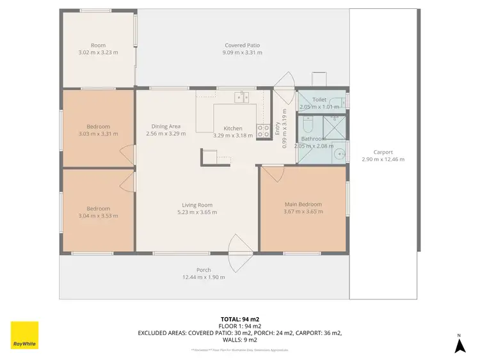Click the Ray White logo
[x=24, y=336]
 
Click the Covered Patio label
[x=242, y=45]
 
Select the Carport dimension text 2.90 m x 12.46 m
[x=383, y=159]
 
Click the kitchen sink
[x=241, y=98]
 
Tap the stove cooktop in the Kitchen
[x=262, y=131]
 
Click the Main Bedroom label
[x=303, y=204]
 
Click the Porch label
[x=204, y=270]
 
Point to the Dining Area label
[x=166, y=127]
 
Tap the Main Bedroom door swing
[x=273, y=173]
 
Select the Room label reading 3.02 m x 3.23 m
[x=98, y=53]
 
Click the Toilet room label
[x=319, y=100]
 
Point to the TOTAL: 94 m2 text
[x=239, y=318]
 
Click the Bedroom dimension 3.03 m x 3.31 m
[x=98, y=134]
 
